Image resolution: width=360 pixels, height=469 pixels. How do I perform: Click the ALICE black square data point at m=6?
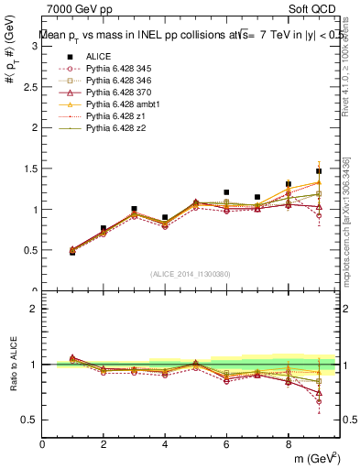pos(226,192)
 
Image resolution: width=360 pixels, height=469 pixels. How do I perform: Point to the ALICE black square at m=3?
pos(134,209)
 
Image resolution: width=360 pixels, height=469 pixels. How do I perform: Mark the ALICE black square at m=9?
pos(319,171)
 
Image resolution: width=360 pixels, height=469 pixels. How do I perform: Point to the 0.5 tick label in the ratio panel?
pos(30,420)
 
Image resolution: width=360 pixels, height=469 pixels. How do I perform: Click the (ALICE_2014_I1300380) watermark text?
pos(191,273)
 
